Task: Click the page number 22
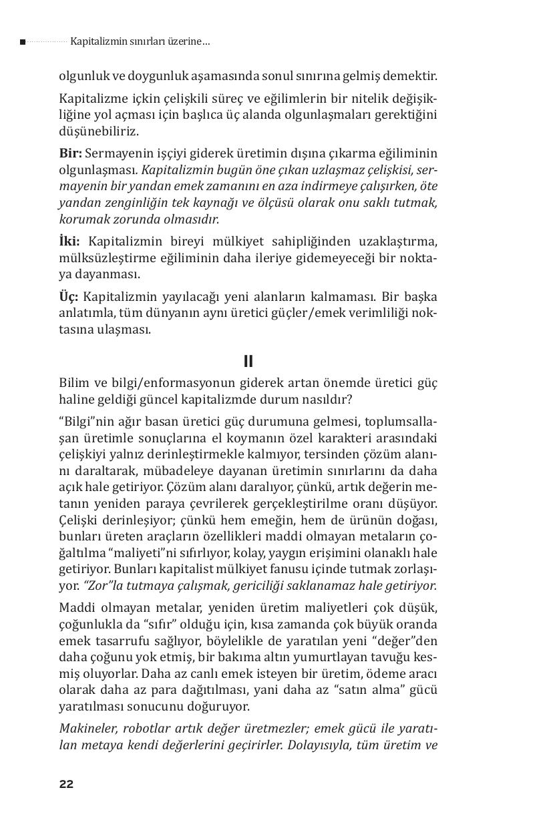click(x=66, y=783)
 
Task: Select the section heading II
click(x=248, y=362)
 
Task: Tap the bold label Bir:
click(x=70, y=153)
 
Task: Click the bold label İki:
click(x=69, y=241)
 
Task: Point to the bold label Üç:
click(x=69, y=296)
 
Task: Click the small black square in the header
click(x=23, y=42)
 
